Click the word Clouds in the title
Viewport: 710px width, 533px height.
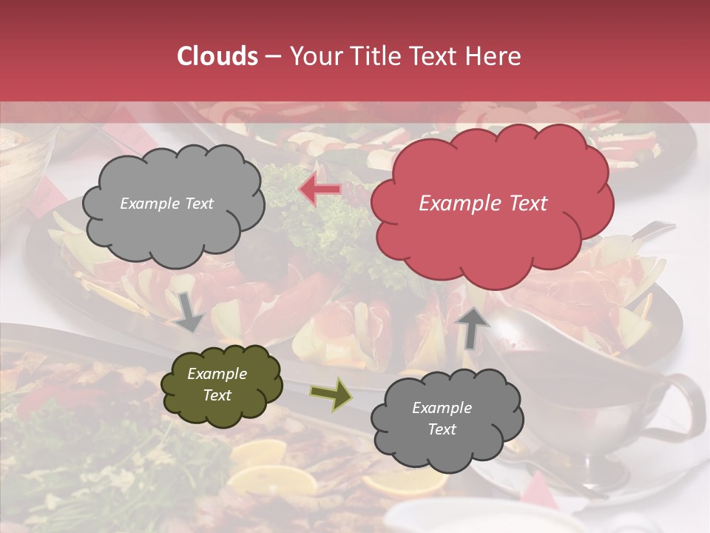(x=218, y=56)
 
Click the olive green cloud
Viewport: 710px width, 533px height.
(x=222, y=385)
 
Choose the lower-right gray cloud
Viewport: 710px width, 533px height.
(x=447, y=419)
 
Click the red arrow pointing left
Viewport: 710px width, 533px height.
(x=320, y=190)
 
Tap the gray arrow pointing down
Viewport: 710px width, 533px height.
(x=189, y=312)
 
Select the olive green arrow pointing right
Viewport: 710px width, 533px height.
(x=330, y=394)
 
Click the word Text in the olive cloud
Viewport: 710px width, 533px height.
(x=217, y=395)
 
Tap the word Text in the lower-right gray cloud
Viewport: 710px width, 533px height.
(x=442, y=429)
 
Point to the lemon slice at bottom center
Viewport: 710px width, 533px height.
(x=403, y=481)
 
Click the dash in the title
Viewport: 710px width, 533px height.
(x=272, y=56)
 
